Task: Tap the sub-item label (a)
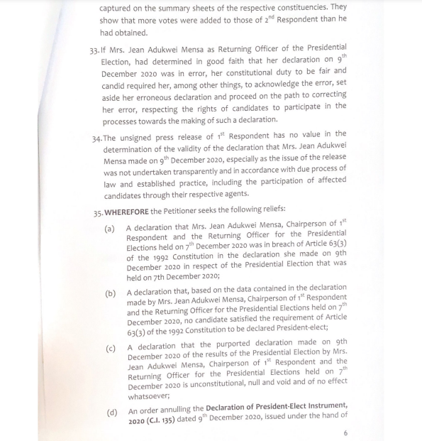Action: coord(110,229)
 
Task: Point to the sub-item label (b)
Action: coord(110,293)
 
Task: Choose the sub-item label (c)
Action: coord(110,347)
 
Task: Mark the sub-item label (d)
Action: coord(110,411)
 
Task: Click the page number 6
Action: coord(345,432)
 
